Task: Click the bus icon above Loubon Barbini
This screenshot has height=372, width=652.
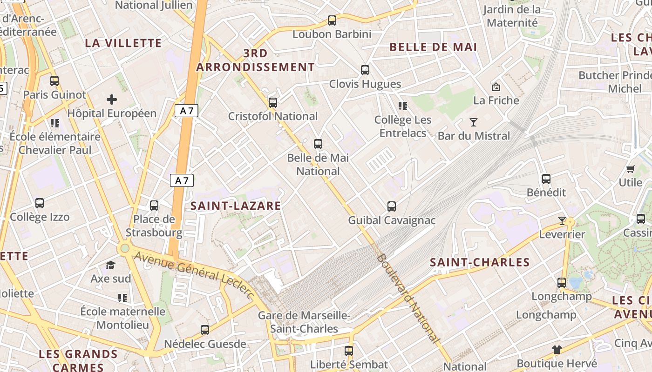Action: coord(332,20)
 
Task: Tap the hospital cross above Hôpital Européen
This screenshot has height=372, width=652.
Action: coord(112,99)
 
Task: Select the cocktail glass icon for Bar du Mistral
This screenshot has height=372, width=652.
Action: coord(474,122)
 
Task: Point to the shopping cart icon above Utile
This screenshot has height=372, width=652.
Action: coord(631,169)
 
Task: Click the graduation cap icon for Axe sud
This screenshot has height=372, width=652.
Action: coord(110,265)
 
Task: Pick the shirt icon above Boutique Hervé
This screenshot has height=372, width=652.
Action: coord(557,349)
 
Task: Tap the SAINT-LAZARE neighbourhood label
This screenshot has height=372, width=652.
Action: coord(236,206)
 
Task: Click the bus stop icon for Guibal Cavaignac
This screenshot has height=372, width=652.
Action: coord(392,206)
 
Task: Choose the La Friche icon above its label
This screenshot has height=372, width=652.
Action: coord(496,87)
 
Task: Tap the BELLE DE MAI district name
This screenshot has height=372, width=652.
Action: coord(433,47)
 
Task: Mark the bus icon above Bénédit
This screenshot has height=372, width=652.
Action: coord(546,179)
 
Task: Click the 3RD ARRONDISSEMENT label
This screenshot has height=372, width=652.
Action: coord(255,60)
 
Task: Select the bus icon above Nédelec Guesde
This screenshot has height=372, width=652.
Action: coord(205,330)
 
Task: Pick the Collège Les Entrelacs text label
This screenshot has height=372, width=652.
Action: coord(403,126)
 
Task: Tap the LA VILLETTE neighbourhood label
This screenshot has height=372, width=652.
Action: coord(123,43)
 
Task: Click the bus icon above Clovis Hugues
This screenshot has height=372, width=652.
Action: coord(365,70)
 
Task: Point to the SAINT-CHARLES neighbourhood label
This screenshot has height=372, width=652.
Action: coord(480,262)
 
